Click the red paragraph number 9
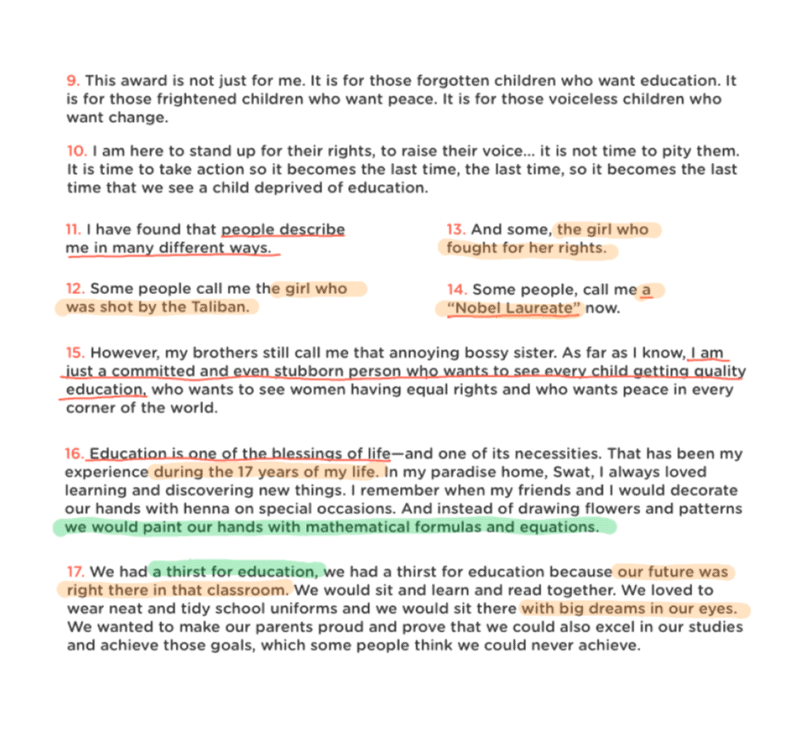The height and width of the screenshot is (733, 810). point(72,81)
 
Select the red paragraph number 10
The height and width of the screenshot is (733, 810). point(76,152)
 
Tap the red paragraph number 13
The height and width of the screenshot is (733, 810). point(455,230)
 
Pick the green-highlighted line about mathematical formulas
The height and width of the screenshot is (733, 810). point(333,528)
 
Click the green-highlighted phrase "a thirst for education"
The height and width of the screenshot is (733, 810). point(236,572)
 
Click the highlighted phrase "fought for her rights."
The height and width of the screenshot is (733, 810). point(526,249)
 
